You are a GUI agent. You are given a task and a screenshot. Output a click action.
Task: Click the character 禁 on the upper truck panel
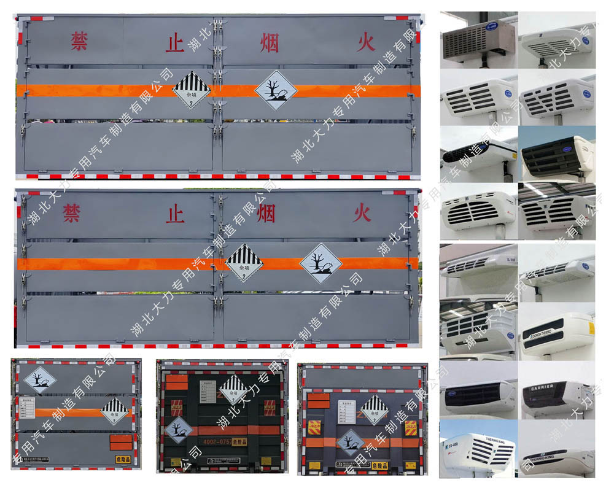79,41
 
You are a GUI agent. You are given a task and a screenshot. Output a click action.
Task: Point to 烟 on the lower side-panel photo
266,214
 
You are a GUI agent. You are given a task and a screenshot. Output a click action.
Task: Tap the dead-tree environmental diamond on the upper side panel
276,90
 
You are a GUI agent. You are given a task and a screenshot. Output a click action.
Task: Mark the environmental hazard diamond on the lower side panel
321,263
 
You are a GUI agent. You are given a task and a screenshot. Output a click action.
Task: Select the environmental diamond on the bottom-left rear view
41,381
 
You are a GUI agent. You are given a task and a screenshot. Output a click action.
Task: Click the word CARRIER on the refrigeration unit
542,387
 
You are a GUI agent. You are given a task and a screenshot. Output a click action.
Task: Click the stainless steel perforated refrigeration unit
478,39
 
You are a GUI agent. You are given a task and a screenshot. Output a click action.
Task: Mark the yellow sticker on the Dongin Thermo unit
591,328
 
